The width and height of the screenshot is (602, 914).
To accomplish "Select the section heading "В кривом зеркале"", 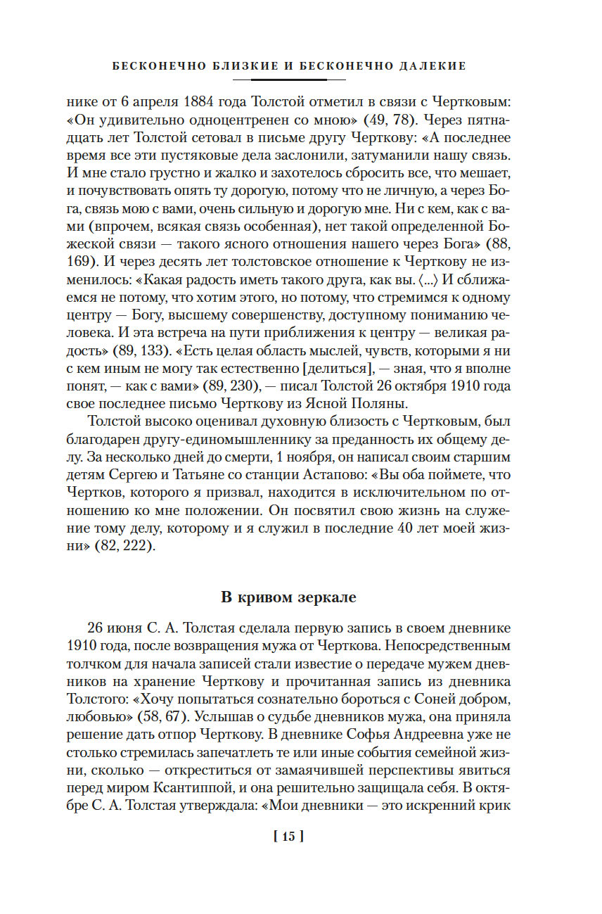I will click(x=288, y=598).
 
